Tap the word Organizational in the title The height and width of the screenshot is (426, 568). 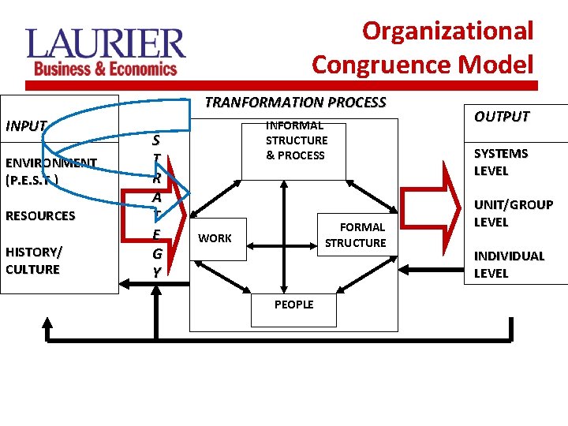point(447,31)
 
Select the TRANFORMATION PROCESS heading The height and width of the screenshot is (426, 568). point(295,103)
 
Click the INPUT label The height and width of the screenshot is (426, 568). point(26,125)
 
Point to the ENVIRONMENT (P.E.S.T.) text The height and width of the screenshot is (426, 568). point(50,170)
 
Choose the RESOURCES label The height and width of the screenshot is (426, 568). point(40,215)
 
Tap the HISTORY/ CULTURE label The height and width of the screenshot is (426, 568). point(34,260)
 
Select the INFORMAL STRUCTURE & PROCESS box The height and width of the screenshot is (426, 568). point(296,140)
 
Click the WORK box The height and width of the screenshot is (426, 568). point(215,237)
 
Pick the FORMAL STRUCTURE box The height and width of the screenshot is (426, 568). point(355,235)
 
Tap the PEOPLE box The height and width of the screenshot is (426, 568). point(293,305)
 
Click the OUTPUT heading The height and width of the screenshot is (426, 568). point(501,117)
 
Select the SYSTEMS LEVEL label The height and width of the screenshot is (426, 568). point(500,162)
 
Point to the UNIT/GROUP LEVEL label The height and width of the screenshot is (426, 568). point(513,213)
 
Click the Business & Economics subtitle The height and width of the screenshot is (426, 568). point(105,69)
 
